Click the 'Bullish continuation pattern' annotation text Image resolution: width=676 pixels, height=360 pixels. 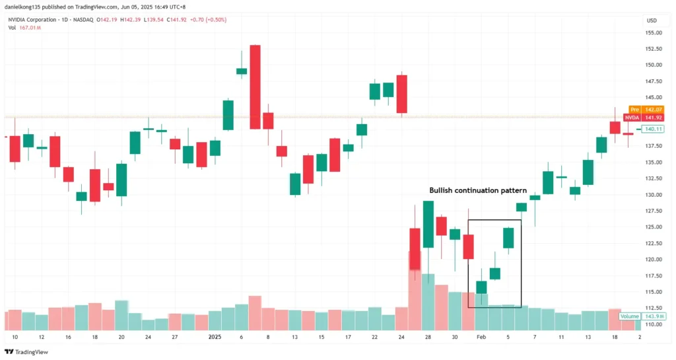(478, 190)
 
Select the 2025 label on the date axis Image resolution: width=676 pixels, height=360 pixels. (215, 336)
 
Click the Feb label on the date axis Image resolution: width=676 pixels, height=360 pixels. (481, 336)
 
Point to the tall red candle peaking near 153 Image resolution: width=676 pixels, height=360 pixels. (255, 87)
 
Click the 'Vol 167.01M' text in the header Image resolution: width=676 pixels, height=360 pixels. (24, 28)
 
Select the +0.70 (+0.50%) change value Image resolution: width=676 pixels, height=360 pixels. (208, 20)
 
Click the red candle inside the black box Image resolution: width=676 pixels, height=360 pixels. (468, 246)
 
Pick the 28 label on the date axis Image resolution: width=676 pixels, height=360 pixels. (428, 336)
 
